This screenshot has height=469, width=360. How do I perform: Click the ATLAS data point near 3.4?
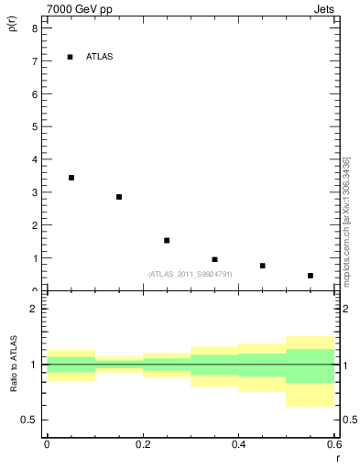71,178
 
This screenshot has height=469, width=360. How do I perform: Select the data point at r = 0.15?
119,197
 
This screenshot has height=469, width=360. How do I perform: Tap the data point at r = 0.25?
167,240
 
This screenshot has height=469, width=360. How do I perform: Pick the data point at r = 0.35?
214,259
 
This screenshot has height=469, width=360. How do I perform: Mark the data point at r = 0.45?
262,266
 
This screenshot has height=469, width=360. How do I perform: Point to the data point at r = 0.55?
311,276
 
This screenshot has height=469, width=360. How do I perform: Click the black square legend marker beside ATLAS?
71,57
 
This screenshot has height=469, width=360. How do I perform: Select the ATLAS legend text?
99,57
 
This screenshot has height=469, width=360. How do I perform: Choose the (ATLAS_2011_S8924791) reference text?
190,274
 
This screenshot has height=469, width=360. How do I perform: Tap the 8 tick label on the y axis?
34,28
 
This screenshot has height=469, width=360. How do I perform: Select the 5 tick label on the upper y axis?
34,127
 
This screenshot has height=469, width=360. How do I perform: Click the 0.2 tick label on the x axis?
142,444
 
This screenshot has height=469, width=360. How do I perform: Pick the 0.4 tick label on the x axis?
238,444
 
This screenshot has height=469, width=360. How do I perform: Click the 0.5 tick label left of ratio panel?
29,420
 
